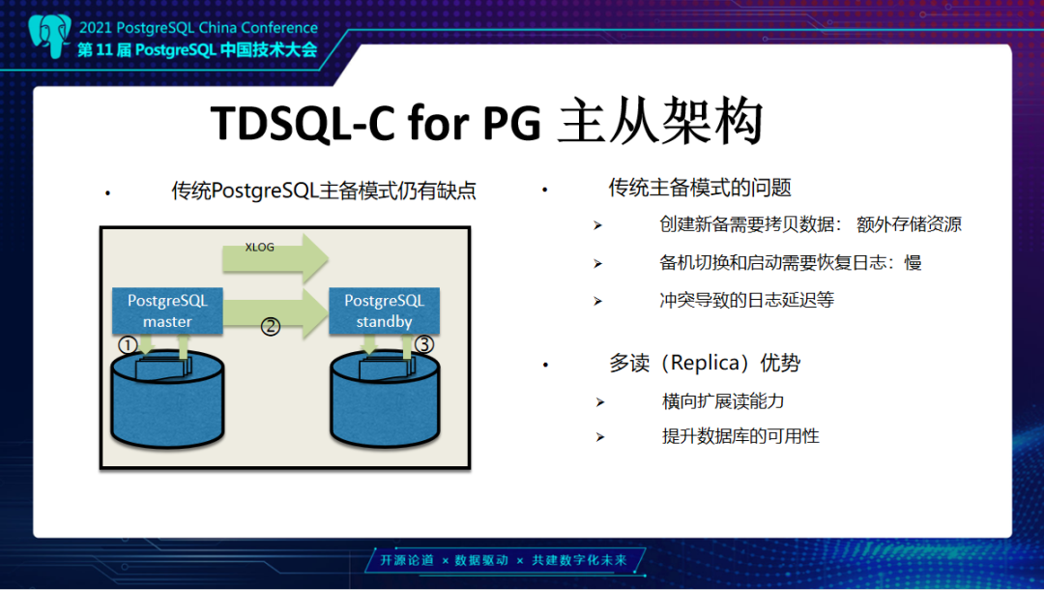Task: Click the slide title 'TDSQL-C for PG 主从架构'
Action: coord(487,123)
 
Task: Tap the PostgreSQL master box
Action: coord(167,310)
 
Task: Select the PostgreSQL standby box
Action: coord(384,310)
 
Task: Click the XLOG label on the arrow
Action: coord(259,248)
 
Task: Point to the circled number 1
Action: coord(127,344)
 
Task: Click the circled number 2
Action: coord(271,327)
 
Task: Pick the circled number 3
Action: coord(424,343)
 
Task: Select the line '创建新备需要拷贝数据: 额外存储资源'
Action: coord(810,224)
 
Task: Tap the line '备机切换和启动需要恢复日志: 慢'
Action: coord(790,263)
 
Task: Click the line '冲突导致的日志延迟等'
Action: coord(746,300)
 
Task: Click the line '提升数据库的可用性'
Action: coord(739,436)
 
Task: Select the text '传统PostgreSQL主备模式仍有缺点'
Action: coord(324,191)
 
